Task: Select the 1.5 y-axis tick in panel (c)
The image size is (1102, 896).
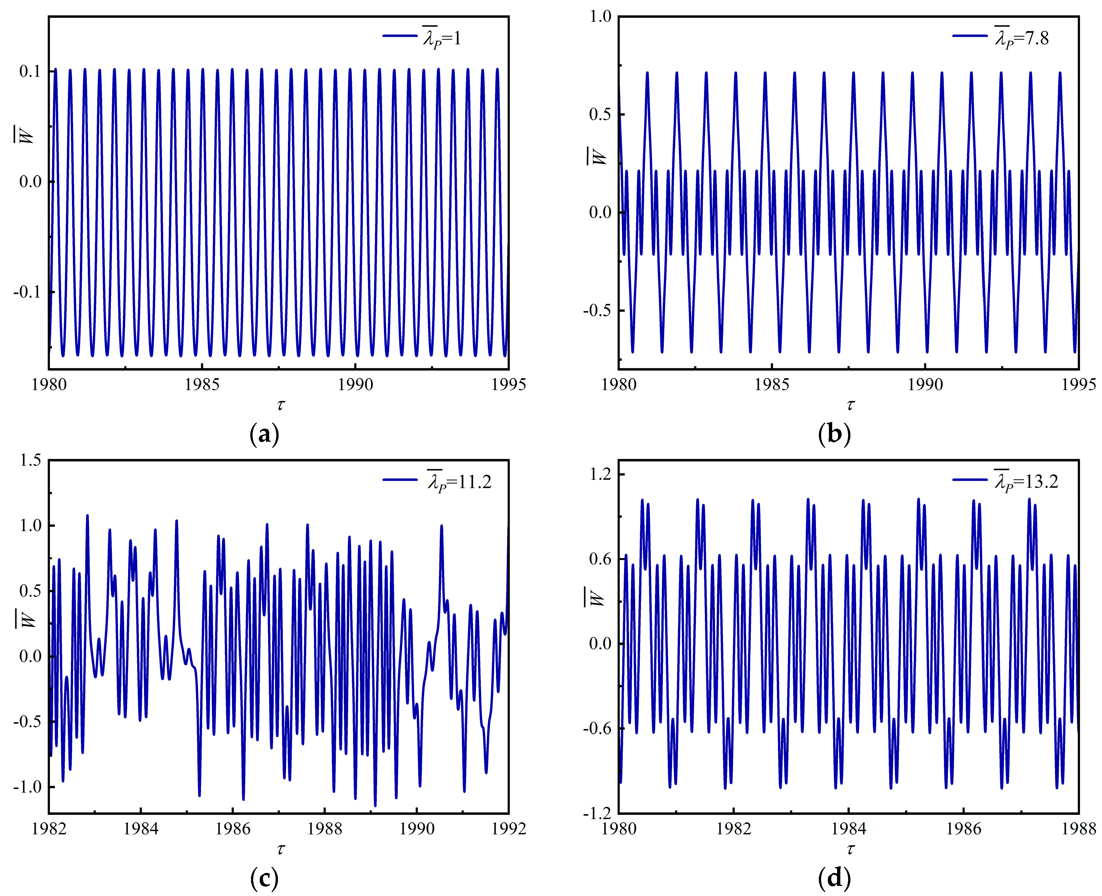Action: pos(30,460)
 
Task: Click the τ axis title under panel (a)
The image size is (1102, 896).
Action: pos(280,406)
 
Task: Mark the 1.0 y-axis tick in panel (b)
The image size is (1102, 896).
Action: pos(600,17)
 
